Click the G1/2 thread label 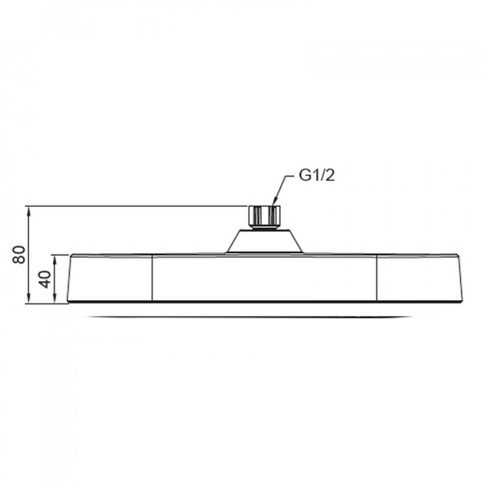(x=317, y=176)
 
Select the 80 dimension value (x=19, y=254)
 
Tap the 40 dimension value (x=45, y=279)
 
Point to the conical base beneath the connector (x=264, y=241)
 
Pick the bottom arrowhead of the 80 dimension (x=29, y=298)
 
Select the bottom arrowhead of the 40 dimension (x=56, y=299)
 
